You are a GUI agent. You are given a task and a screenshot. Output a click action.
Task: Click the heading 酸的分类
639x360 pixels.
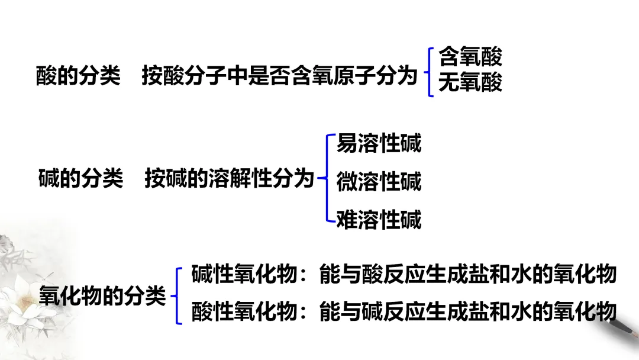(78, 76)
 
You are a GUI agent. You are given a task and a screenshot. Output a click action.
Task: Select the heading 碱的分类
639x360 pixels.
(80, 178)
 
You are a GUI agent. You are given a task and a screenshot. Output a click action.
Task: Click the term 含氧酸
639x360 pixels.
(470, 57)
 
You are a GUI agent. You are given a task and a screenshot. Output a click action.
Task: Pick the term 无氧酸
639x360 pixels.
(470, 83)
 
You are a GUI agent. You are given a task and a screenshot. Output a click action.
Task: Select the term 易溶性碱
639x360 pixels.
(379, 144)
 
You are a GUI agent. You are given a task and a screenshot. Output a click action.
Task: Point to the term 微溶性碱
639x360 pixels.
(379, 182)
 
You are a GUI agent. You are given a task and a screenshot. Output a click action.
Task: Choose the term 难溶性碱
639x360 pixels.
(379, 220)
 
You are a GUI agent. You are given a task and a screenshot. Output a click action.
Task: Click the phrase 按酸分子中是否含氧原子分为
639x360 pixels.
(280, 76)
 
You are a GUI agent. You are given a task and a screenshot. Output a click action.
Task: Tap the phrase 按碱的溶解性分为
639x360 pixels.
(229, 178)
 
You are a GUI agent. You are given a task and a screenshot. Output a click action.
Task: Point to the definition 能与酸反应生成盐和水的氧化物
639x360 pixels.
(467, 274)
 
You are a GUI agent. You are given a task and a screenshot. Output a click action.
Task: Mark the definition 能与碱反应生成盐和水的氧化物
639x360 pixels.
(467, 312)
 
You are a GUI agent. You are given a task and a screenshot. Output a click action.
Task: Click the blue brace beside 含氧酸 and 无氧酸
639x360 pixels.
(429, 72)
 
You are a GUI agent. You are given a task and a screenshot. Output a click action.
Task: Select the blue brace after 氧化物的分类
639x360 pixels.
(177, 295)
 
